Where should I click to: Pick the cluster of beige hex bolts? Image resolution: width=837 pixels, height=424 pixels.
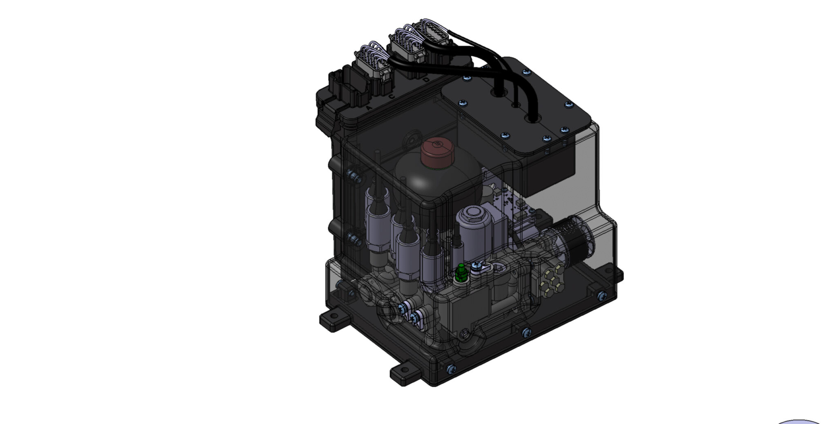click(x=550, y=280)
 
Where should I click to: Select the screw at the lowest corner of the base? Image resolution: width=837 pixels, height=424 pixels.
click(x=450, y=369)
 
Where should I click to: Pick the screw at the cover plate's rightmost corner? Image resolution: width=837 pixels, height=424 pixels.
click(x=568, y=105)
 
